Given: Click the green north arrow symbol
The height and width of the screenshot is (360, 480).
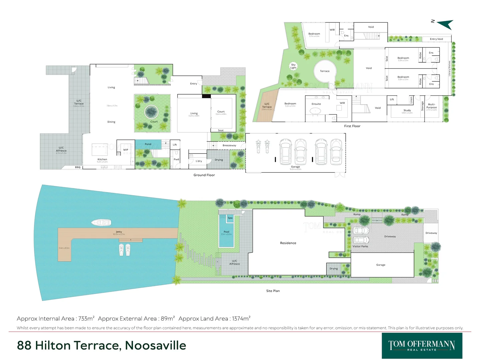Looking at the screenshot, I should coord(446,24).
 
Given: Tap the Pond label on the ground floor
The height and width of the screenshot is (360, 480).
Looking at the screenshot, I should coord(148,144).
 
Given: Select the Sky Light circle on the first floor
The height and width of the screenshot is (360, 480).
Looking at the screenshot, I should coord(293,66).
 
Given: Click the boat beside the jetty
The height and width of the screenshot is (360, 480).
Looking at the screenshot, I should coord(101,222).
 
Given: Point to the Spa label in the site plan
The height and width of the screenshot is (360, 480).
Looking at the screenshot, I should coord(230,218).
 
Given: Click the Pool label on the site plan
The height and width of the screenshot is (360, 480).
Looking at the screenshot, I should coord(226,232).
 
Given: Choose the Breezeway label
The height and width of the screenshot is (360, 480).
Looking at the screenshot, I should coord(229,145).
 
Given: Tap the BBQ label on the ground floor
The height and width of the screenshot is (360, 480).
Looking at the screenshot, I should coord(78,167).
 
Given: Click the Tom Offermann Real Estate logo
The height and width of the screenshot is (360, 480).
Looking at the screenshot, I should coord(422,346).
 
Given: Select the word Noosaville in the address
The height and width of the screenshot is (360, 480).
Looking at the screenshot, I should coord(155,345).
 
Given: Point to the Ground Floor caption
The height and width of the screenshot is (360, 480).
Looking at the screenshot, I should coord(204,175).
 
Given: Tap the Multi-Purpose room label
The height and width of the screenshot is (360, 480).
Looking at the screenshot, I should coord(432,106).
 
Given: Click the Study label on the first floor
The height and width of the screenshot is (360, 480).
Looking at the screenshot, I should coord(407,110).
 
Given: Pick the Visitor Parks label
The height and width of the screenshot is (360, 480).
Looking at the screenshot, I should coord(360,246).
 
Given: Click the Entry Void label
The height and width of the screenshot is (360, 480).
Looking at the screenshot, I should coord(436,39).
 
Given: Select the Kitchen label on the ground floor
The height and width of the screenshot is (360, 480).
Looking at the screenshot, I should coord(102,159).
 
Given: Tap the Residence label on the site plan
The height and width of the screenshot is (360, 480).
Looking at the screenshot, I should coord(288,243).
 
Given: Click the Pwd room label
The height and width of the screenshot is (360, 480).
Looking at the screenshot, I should coord(176,159).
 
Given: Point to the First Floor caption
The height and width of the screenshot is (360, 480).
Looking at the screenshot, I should coord(352,126).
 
